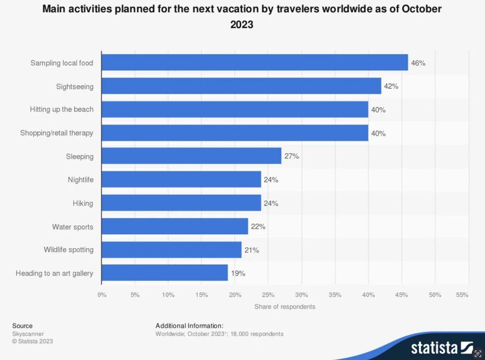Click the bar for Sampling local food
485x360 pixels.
[254, 63]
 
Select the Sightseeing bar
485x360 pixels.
[241, 86]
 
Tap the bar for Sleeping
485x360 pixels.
[191, 156]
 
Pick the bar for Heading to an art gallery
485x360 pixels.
[165, 273]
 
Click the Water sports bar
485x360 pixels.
[175, 226]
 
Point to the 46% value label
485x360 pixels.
[418, 63]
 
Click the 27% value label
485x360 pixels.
[292, 157]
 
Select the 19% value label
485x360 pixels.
[238, 273]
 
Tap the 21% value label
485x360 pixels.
[252, 250]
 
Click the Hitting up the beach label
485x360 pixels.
[62, 110]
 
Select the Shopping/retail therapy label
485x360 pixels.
[57, 133]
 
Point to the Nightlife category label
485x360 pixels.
[81, 179]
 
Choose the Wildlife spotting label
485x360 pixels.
[69, 250]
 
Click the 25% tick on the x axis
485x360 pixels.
[268, 295]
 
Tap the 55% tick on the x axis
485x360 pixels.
[462, 295]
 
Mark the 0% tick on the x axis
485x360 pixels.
[102, 295]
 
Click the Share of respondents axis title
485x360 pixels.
[284, 307]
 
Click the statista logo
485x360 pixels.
[442, 347]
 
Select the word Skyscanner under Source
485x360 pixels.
[28, 334]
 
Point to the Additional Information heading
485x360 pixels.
[189, 326]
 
